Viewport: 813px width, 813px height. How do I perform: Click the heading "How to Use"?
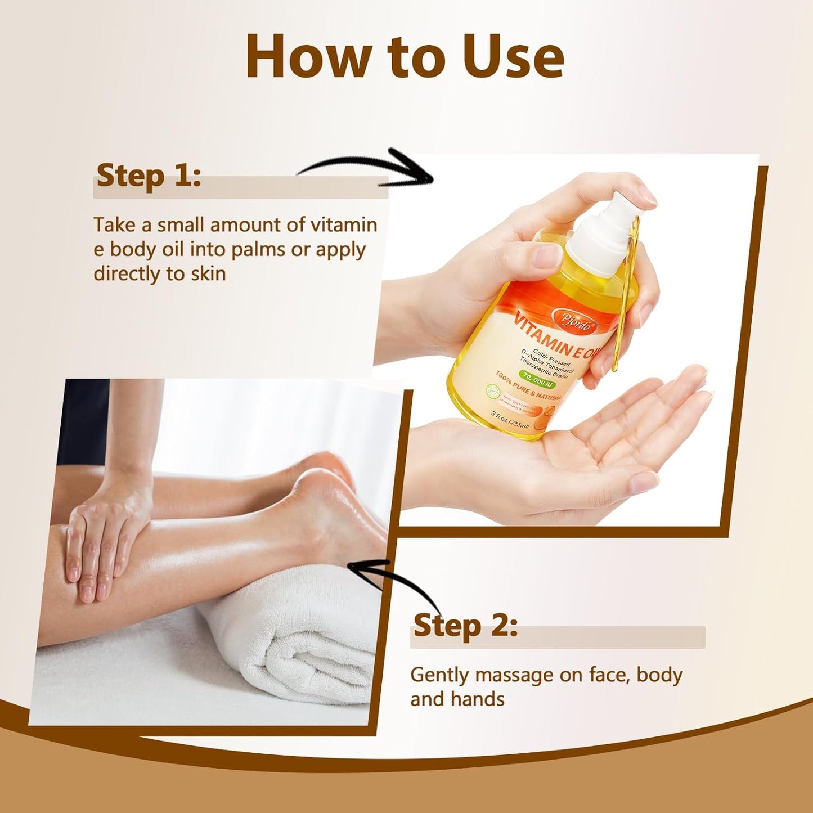pos(405,57)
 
